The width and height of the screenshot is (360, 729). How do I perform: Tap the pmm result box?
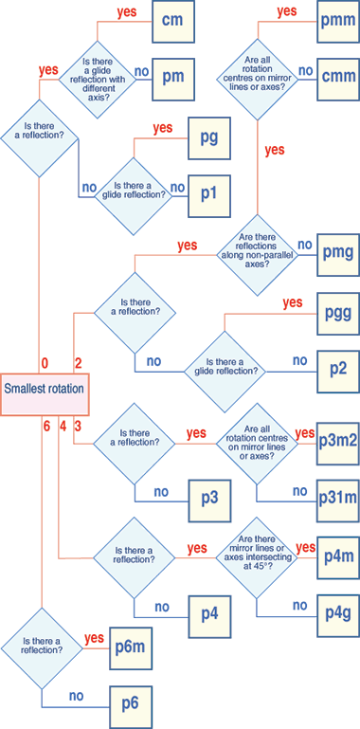338,21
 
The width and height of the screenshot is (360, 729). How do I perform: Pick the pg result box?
209,137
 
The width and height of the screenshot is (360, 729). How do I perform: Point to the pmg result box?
338,253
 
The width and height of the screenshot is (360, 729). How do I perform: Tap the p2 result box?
338,364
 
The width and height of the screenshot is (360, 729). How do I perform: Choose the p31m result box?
338,494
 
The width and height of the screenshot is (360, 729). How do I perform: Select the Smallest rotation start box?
45,390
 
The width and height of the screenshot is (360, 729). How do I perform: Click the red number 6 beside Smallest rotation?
45,427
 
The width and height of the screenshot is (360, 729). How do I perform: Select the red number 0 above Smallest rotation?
45,362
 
